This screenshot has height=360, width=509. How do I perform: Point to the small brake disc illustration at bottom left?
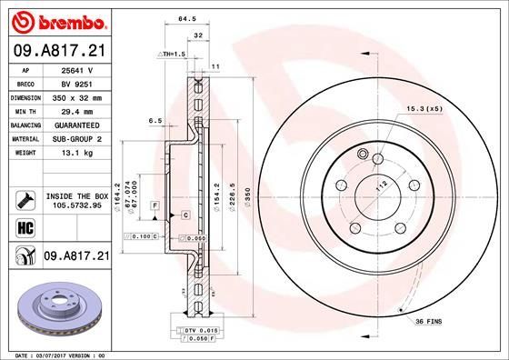click(x=59, y=304)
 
